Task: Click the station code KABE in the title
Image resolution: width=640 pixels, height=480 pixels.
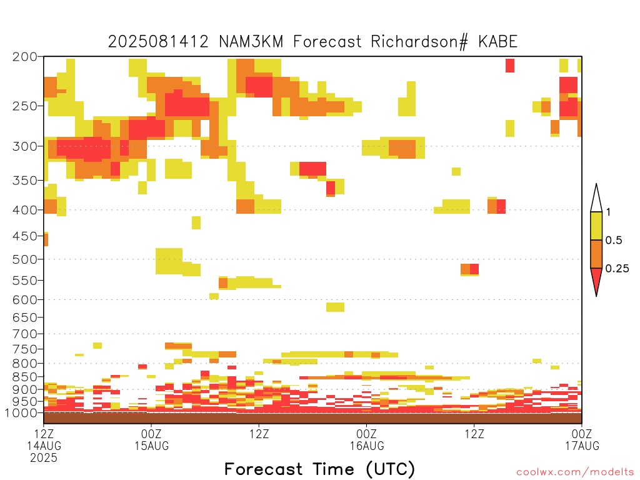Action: pos(497,42)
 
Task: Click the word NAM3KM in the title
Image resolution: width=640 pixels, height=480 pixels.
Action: pos(251,42)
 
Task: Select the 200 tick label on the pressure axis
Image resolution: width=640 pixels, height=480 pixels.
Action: pos(25,57)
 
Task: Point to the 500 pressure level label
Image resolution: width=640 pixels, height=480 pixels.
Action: pos(25,259)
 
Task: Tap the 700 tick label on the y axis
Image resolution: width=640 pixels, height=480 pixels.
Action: pos(25,334)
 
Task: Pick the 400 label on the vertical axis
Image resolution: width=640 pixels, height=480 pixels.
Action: pos(25,210)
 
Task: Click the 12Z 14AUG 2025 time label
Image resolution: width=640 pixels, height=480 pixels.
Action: pos(44,445)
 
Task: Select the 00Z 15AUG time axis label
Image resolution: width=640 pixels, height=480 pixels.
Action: pos(151,439)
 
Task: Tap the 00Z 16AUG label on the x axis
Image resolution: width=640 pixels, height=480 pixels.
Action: pos(366,439)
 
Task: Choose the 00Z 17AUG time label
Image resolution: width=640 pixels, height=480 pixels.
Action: pos(582,439)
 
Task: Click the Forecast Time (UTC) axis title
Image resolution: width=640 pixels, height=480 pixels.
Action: pos(319,469)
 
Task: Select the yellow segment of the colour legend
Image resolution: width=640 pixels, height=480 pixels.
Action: pos(596,226)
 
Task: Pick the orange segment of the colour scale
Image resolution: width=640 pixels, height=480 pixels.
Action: pos(596,254)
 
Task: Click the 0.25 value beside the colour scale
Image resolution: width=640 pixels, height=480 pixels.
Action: pos(617,268)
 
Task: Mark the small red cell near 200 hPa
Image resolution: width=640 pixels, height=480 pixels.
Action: pos(510,66)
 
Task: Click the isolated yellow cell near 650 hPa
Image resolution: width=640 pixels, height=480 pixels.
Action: pos(335,307)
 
